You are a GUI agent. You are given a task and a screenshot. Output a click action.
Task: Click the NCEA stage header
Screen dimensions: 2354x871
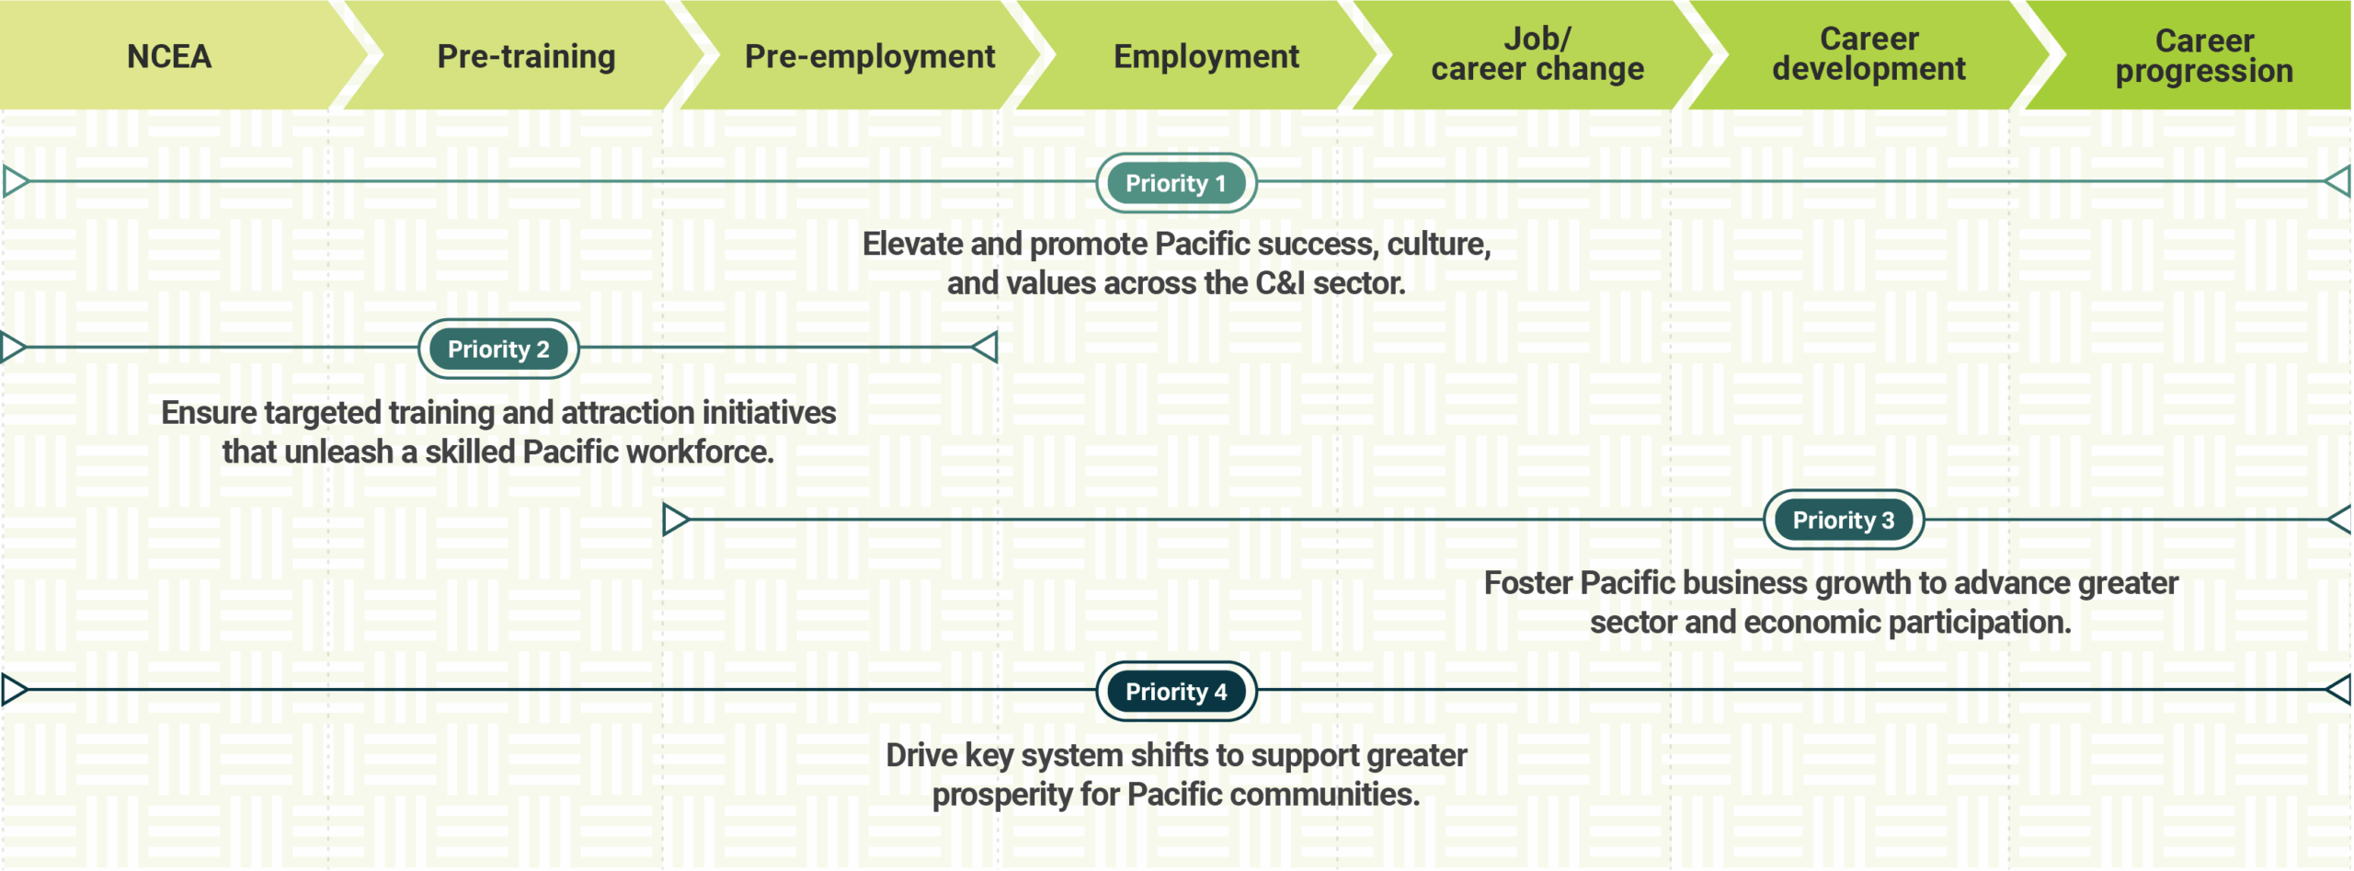coord(169,56)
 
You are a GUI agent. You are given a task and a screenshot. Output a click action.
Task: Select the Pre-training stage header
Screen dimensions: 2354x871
coord(526,56)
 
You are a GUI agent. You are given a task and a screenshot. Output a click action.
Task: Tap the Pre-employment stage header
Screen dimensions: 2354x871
coord(870,56)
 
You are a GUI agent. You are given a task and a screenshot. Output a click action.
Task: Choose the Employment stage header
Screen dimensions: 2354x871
coord(1206,56)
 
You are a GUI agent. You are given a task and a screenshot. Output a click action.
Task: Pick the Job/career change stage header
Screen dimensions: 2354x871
coord(1537,54)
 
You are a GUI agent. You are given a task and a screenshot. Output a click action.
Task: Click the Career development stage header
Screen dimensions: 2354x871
coord(1868,54)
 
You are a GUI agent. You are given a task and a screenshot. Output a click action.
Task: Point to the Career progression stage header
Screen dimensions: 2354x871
coord(2204,55)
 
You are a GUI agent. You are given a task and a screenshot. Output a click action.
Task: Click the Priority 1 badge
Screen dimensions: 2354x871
coord(1176,183)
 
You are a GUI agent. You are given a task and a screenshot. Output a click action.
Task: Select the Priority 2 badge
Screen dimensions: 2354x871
coord(498,349)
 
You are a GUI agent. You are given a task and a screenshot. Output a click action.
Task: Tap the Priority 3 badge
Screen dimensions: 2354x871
coord(1844,520)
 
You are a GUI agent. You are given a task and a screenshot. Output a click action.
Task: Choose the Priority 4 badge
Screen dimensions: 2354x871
coord(1176,691)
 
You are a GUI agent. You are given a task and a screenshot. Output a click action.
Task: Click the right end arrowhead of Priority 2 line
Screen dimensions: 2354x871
coord(985,347)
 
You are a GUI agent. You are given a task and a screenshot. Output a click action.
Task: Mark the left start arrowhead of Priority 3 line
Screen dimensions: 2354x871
coord(676,519)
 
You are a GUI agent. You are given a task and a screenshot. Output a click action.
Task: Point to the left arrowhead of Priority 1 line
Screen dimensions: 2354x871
coord(16,181)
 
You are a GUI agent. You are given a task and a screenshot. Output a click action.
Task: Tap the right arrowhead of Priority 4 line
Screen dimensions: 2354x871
coord(2338,689)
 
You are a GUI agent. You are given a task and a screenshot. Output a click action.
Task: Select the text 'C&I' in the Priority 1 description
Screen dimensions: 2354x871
coord(1280,283)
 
